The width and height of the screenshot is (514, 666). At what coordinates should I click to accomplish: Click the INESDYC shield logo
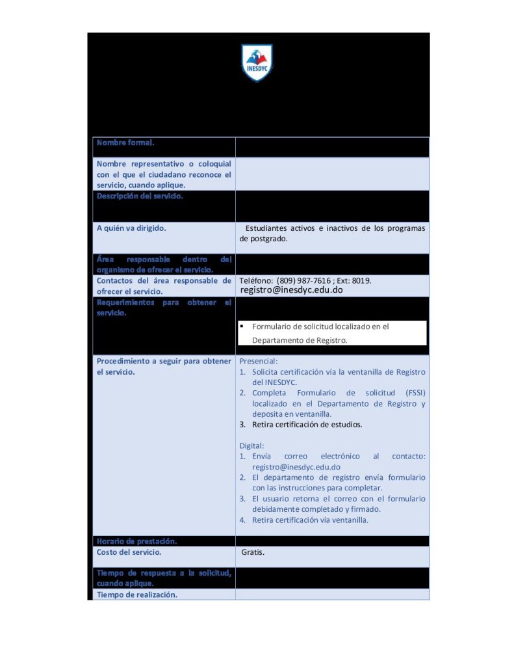coord(257,63)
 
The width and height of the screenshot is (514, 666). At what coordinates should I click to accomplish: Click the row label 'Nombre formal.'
coord(125,142)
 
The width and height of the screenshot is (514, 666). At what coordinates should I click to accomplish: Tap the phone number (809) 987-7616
coord(303,280)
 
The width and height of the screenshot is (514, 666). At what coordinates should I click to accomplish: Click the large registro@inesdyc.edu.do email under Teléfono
coord(291,290)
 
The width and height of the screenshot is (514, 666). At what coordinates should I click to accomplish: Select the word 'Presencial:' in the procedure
coord(259,361)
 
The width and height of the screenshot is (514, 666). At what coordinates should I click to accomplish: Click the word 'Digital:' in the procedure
coord(252,446)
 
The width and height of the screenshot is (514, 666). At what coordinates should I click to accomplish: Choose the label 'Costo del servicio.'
coord(129,553)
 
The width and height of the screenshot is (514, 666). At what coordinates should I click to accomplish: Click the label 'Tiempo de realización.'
coord(136,594)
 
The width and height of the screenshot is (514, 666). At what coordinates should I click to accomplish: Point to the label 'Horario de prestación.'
coord(136,541)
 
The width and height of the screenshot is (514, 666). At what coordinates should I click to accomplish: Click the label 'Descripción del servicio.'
coord(140,196)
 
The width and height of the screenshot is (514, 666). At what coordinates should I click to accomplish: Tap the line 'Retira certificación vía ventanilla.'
coord(310,520)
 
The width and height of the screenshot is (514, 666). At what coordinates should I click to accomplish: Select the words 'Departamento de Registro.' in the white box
coord(300,340)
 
